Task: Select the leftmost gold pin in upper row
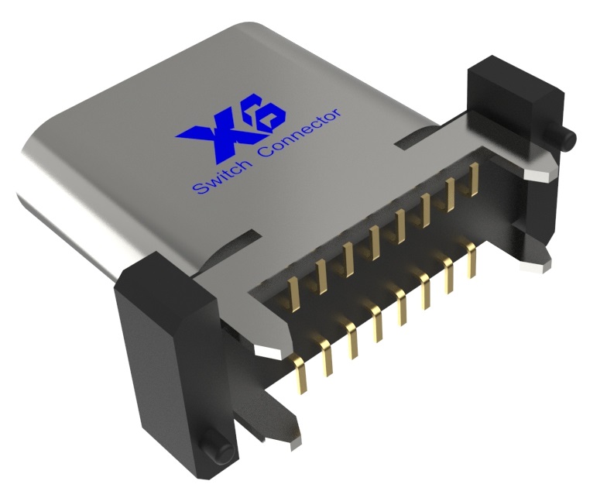(293, 293)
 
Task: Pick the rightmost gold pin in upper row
(472, 180)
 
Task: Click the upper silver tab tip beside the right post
(538, 174)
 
